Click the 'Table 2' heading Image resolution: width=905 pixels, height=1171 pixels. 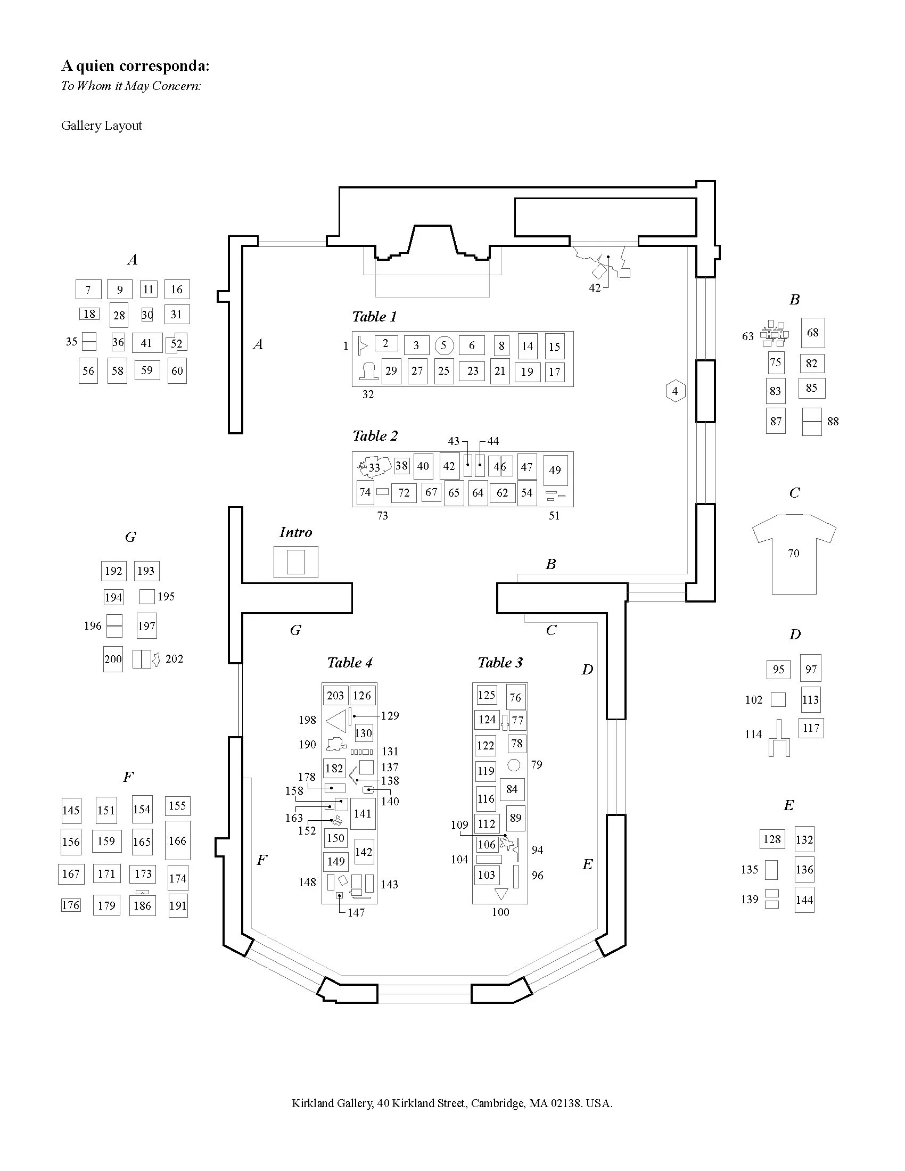[375, 435]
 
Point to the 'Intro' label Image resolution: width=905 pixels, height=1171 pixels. [295, 532]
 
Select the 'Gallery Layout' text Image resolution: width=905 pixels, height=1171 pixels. [101, 126]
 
